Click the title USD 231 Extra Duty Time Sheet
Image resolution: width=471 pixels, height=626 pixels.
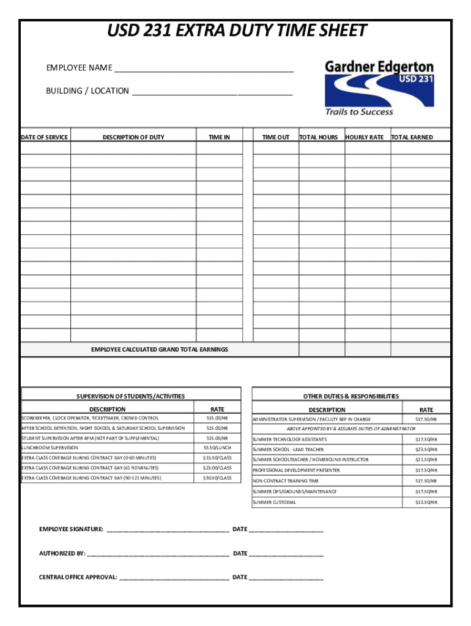tap(237, 31)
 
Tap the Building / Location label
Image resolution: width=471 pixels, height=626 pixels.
tap(87, 91)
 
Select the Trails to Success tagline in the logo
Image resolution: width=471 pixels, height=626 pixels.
tap(359, 112)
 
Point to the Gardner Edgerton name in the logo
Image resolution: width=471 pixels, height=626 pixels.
tap(379, 67)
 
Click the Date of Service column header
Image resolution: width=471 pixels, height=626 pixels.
tap(45, 138)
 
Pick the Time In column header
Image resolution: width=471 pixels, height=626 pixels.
tap(219, 138)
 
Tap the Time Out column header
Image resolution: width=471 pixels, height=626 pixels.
tap(276, 138)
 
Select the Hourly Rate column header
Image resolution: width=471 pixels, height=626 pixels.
tap(365, 138)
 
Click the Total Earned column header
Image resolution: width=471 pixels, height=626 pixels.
tap(412, 138)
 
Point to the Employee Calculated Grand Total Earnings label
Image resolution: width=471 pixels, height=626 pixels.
tap(160, 350)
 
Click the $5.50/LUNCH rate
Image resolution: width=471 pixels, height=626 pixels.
tap(217, 448)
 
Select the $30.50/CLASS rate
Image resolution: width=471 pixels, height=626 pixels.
tap(217, 477)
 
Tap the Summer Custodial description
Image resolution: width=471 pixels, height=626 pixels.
tap(274, 503)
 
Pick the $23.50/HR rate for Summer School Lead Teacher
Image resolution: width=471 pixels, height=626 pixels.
tap(426, 449)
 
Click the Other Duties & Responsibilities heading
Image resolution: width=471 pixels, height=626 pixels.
tap(351, 396)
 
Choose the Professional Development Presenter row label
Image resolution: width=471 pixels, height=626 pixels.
tap(296, 470)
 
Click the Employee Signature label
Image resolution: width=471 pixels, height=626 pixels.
tap(72, 529)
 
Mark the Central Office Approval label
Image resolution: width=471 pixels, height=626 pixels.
tap(78, 577)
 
